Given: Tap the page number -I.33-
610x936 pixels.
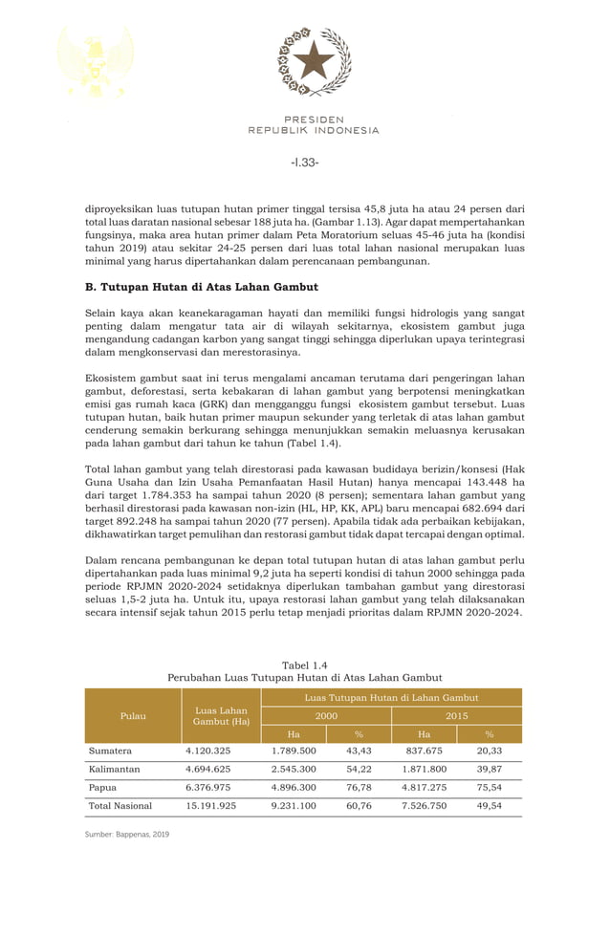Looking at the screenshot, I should pos(304,163).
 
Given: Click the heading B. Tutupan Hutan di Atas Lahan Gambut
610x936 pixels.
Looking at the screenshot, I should pos(202,287).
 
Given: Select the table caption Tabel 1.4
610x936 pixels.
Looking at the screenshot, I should pos(305,664).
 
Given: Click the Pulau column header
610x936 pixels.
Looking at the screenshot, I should pos(133,715).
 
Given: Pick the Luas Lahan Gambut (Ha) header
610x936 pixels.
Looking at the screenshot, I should pos(221,715).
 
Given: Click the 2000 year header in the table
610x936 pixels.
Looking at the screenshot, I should pos(326,715).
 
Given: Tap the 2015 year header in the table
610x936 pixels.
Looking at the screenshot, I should pos(456,715).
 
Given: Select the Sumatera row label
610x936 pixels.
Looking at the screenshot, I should pos(110,751).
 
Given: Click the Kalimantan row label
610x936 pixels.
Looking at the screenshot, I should pos(115,770).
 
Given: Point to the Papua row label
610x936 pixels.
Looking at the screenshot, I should pos(103,788).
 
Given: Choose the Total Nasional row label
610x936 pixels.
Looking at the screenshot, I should pos(120,806).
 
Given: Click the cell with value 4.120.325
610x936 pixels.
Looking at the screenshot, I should pos(207,751).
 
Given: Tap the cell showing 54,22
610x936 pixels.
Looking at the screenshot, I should pos(359,770).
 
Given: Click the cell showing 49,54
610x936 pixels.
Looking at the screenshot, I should pos(489,806).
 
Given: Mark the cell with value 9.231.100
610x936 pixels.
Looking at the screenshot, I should pos(294,806).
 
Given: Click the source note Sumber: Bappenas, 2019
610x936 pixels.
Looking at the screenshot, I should pos(127,835).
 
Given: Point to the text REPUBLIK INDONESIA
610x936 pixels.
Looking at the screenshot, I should pos(314,130).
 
